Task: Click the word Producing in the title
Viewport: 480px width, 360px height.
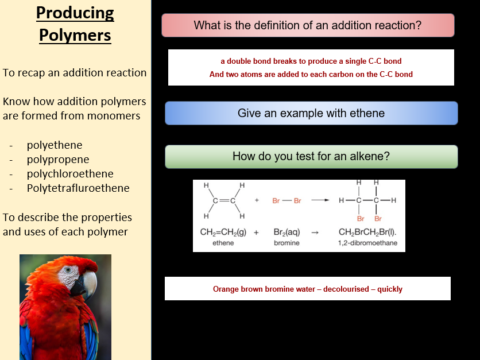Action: [x=75, y=13]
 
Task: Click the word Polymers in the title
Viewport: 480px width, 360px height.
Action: [x=75, y=35]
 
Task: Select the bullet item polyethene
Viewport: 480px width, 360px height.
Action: [x=55, y=145]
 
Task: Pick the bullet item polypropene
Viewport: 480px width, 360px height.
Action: [x=58, y=160]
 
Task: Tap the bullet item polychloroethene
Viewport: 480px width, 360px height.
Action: [x=70, y=174]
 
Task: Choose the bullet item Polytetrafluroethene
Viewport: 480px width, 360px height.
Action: [x=78, y=188]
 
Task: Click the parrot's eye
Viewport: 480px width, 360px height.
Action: [x=69, y=270]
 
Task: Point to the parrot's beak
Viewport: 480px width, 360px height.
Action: [x=87, y=284]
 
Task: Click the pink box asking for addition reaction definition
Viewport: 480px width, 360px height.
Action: [x=308, y=25]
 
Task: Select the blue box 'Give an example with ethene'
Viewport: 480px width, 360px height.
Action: [x=311, y=113]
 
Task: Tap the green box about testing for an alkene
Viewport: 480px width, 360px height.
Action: [x=311, y=156]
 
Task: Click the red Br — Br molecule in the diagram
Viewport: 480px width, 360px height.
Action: [x=287, y=201]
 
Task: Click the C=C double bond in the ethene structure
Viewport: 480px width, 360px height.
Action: [x=224, y=201]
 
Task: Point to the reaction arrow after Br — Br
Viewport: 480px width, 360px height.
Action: [x=320, y=201]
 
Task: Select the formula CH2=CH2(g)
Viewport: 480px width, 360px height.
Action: [x=223, y=233]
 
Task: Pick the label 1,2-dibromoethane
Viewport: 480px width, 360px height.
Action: [x=367, y=243]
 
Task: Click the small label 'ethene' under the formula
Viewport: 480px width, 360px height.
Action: [x=223, y=243]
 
